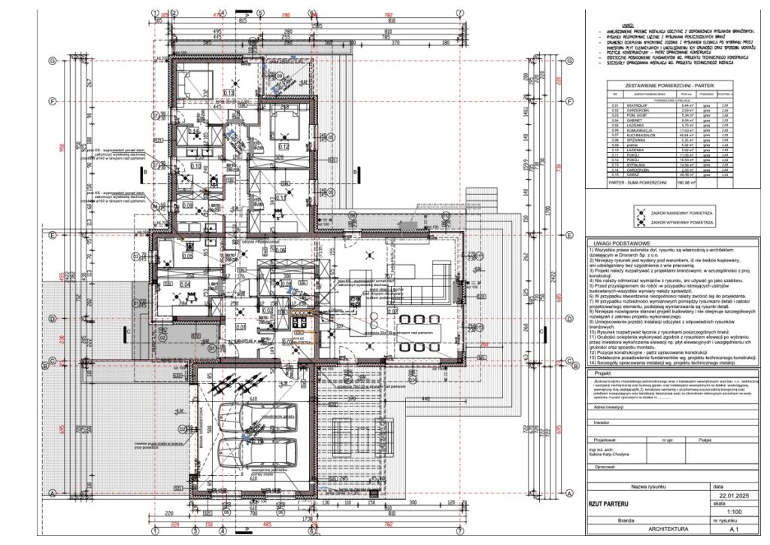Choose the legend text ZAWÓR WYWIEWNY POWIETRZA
point(681,223)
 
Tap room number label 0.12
point(283,146)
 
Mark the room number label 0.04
point(186,285)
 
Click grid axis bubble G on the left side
point(53,60)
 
